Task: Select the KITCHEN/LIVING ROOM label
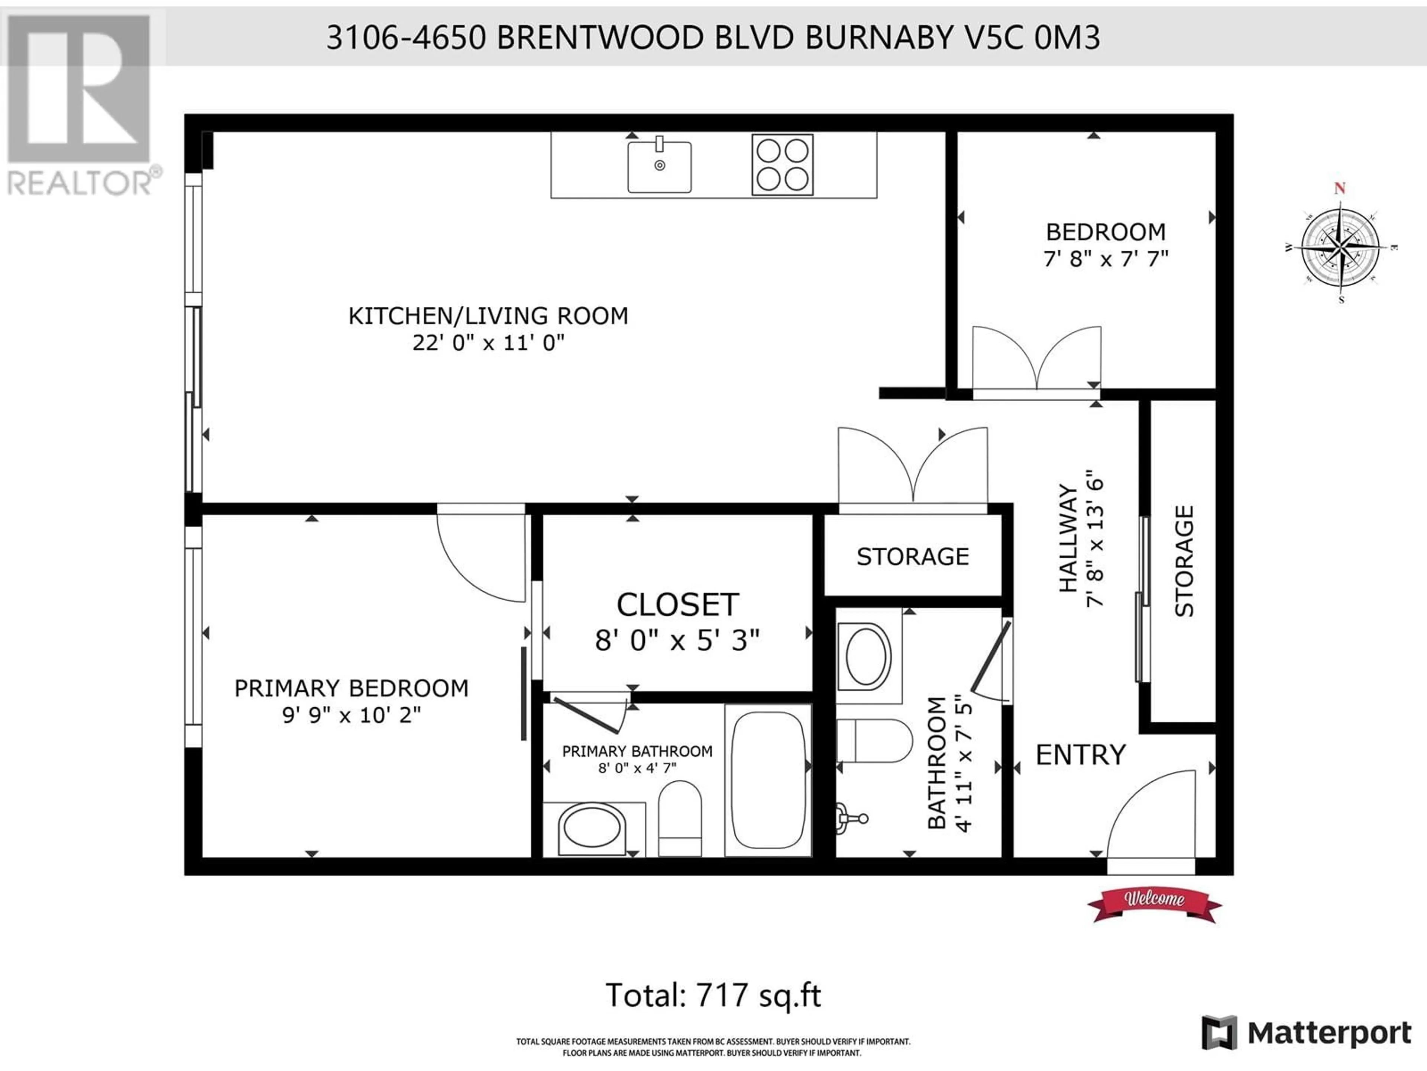point(488,316)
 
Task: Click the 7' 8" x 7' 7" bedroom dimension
point(1106,259)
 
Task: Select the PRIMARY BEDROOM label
point(351,688)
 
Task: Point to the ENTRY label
point(1081,755)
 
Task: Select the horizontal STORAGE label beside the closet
point(913,556)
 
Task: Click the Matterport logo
point(1306,1033)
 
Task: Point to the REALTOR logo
point(81,103)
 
